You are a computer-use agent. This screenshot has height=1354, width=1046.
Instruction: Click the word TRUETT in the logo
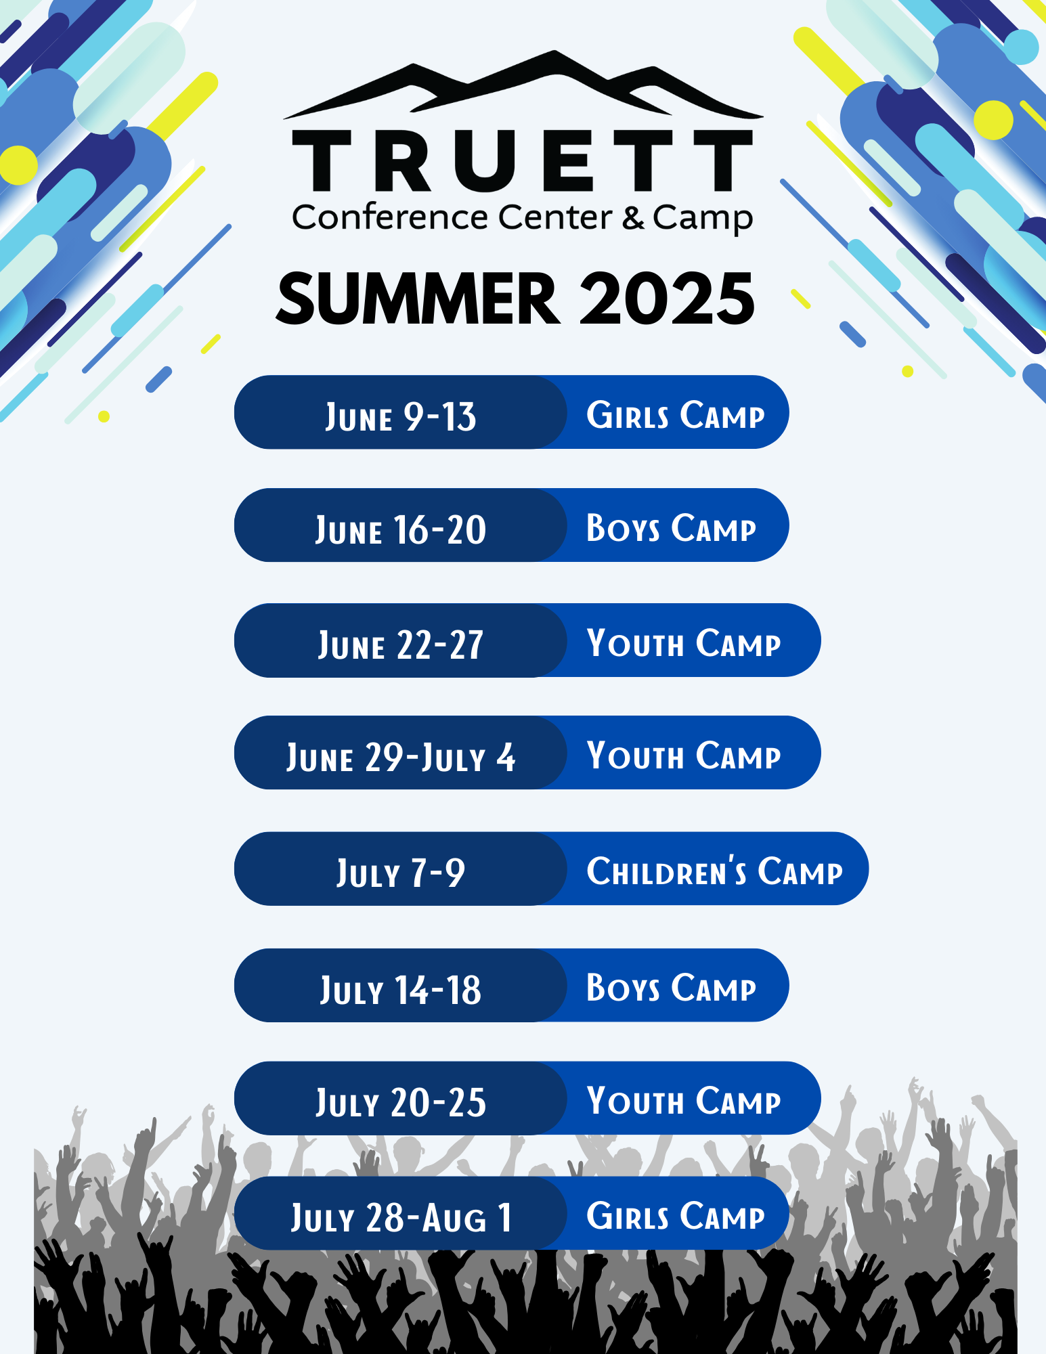pyautogui.click(x=522, y=160)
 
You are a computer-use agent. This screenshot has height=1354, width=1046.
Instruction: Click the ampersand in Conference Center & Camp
pyautogui.click(x=633, y=217)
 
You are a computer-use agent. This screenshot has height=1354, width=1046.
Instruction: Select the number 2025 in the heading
pyautogui.click(x=667, y=299)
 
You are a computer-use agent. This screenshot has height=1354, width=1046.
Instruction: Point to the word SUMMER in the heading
pyautogui.click(x=418, y=299)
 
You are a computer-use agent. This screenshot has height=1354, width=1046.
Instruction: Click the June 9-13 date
pyautogui.click(x=401, y=416)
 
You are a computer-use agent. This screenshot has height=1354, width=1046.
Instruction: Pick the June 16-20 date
pyautogui.click(x=401, y=529)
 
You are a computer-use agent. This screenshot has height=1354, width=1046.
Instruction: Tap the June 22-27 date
pyautogui.click(x=401, y=645)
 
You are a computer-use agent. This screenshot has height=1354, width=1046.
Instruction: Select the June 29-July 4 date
pyautogui.click(x=401, y=757)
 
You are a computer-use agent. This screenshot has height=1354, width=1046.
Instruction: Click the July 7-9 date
pyautogui.click(x=401, y=873)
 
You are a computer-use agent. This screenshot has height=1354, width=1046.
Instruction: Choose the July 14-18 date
pyautogui.click(x=401, y=990)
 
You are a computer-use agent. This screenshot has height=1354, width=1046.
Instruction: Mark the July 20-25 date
pyautogui.click(x=401, y=1102)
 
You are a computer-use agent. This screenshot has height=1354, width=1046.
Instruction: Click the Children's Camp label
pyautogui.click(x=715, y=871)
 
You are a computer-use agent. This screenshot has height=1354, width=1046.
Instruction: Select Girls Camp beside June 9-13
pyautogui.click(x=676, y=414)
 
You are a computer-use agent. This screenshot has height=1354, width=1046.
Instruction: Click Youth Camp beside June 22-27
pyautogui.click(x=684, y=642)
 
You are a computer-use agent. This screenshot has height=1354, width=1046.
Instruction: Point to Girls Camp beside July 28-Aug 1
pyautogui.click(x=676, y=1215)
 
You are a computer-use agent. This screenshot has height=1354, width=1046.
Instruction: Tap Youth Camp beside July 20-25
pyautogui.click(x=684, y=1100)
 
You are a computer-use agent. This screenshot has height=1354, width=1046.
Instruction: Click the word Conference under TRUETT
pyautogui.click(x=390, y=217)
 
